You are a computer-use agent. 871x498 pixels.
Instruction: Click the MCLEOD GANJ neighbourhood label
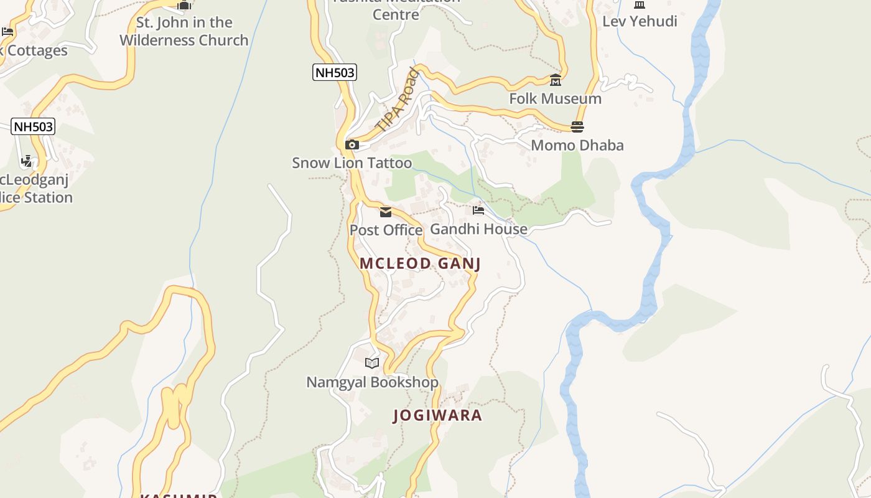(x=420, y=263)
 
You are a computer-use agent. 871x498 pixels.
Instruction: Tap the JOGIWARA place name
(x=437, y=415)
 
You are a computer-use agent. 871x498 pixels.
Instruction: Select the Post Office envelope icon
(x=386, y=212)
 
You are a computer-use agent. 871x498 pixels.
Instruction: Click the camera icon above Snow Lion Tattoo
(x=352, y=145)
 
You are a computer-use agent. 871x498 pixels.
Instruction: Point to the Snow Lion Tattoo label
(x=352, y=163)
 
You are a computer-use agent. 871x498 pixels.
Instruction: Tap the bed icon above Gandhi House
(x=478, y=210)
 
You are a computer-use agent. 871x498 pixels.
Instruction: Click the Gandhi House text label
(x=478, y=229)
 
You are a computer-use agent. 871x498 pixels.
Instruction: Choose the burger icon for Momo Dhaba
(x=577, y=127)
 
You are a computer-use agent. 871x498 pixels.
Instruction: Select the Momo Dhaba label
(x=577, y=145)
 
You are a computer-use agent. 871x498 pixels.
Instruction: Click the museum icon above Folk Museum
(x=555, y=80)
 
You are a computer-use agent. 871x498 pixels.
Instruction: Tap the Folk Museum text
(x=555, y=98)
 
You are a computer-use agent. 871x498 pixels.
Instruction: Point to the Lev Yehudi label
(x=640, y=21)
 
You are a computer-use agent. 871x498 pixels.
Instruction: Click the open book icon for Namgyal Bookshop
(x=372, y=363)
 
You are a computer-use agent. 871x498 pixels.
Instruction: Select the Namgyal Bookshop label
(x=372, y=382)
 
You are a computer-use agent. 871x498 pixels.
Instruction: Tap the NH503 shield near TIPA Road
(x=335, y=72)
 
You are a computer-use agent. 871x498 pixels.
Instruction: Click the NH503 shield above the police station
(x=34, y=127)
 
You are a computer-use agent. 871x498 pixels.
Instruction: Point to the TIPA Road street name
(x=398, y=100)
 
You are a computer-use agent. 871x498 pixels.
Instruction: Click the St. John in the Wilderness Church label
(x=184, y=31)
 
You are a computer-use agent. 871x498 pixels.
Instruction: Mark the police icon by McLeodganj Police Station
(x=26, y=162)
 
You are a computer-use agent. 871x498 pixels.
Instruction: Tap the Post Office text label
(x=386, y=230)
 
